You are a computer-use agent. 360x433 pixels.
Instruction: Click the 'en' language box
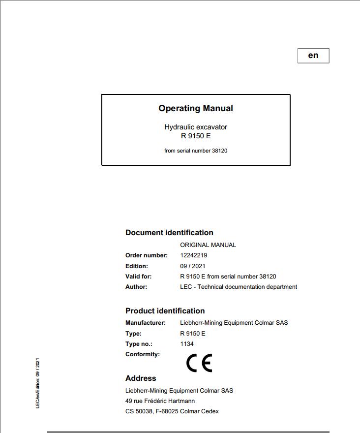coord(313,56)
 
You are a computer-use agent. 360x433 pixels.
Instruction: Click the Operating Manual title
coord(196,108)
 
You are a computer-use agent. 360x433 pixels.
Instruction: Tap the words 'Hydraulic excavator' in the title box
coord(196,127)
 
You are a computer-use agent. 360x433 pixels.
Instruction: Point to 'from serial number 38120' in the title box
coord(196,151)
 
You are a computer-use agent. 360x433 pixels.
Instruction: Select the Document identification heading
coord(169,233)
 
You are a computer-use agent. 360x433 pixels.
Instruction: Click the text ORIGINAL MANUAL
coord(208,245)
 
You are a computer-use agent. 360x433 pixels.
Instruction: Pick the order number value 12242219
coord(193,255)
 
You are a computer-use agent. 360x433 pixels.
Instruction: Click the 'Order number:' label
coord(147,255)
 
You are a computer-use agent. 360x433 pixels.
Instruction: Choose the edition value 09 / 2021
coord(193,266)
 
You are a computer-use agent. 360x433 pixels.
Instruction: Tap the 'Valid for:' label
coord(139,277)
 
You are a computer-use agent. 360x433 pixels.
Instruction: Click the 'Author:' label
coord(136,287)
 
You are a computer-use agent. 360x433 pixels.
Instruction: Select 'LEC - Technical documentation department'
coord(239,287)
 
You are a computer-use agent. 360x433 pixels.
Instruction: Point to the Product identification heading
coord(165,311)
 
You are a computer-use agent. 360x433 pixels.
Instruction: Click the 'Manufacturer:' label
coord(146,323)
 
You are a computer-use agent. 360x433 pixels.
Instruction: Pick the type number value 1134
coord(187,344)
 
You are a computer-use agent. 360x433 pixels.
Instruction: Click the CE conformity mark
coord(199,363)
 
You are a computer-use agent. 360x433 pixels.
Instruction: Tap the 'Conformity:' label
coord(143,354)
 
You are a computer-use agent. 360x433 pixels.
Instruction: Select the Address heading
coord(141,378)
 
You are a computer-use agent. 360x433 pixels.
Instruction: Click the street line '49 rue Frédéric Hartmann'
coord(160,401)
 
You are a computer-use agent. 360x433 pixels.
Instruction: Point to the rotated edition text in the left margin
coord(38,383)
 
